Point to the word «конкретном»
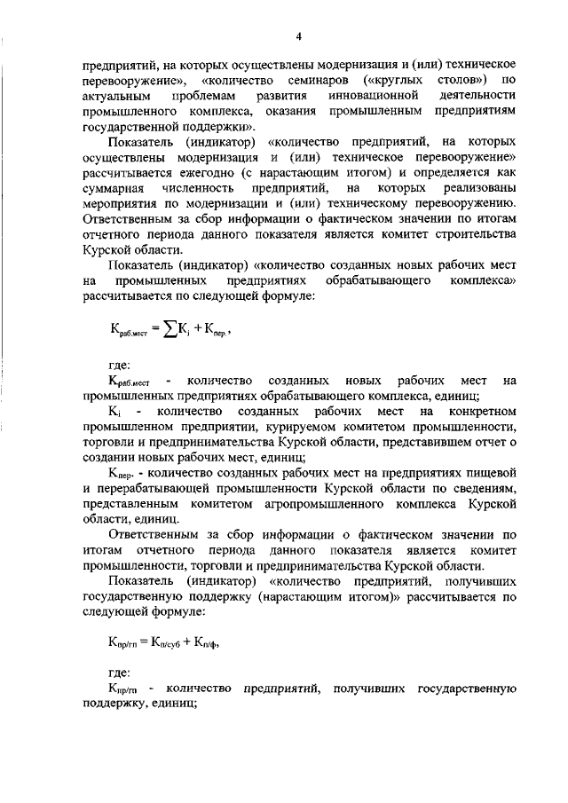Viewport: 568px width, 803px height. pyautogui.click(x=480, y=411)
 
